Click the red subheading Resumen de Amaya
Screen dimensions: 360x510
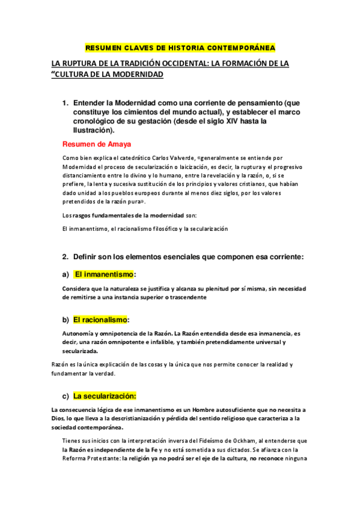(x=97, y=144)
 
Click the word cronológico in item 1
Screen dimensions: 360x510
(x=97, y=120)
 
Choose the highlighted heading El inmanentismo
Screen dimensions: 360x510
(x=103, y=274)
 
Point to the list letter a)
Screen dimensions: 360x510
(x=65, y=274)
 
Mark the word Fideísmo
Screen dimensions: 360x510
(x=213, y=441)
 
